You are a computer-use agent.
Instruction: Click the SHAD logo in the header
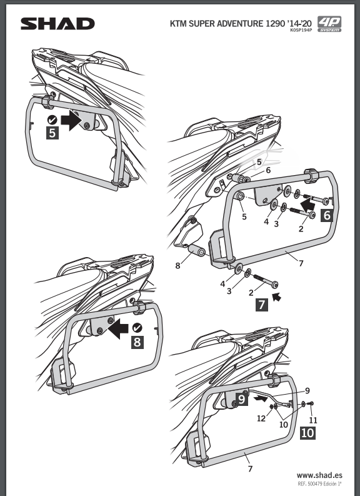pyautogui.click(x=57, y=24)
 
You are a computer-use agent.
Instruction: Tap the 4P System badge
pyautogui.click(x=329, y=24)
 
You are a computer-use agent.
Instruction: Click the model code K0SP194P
pyautogui.click(x=301, y=31)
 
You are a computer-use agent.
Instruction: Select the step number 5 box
pyautogui.click(x=52, y=133)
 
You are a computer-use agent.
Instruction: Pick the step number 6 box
pyautogui.click(x=327, y=215)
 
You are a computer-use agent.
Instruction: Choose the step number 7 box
pyautogui.click(x=262, y=305)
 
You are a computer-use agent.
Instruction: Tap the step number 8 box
pyautogui.click(x=137, y=343)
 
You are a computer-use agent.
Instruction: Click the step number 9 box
pyautogui.click(x=241, y=399)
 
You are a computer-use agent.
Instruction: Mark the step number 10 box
pyautogui.click(x=307, y=433)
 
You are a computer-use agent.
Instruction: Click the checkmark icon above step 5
pyautogui.click(x=52, y=120)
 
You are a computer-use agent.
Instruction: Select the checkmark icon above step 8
pyautogui.click(x=137, y=328)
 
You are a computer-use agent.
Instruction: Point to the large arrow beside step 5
pyautogui.click(x=71, y=120)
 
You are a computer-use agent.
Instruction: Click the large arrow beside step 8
pyautogui.click(x=119, y=328)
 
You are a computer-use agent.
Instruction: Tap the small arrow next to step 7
pyautogui.click(x=277, y=296)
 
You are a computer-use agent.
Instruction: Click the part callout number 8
pyautogui.click(x=177, y=266)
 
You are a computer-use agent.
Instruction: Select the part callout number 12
pyautogui.click(x=261, y=418)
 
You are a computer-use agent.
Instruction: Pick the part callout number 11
pyautogui.click(x=313, y=420)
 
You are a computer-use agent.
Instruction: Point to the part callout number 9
pyautogui.click(x=307, y=391)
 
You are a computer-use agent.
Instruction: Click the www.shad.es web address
pyautogui.click(x=319, y=475)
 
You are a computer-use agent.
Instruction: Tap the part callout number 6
pyautogui.click(x=268, y=170)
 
